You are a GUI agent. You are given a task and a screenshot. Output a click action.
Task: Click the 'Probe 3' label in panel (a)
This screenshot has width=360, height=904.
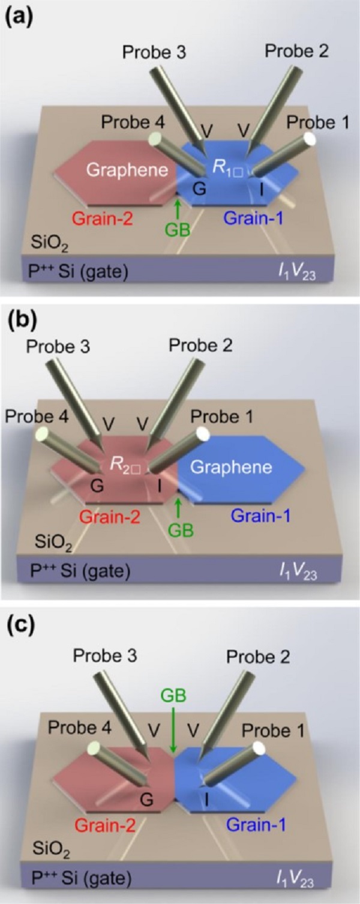coord(154,52)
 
